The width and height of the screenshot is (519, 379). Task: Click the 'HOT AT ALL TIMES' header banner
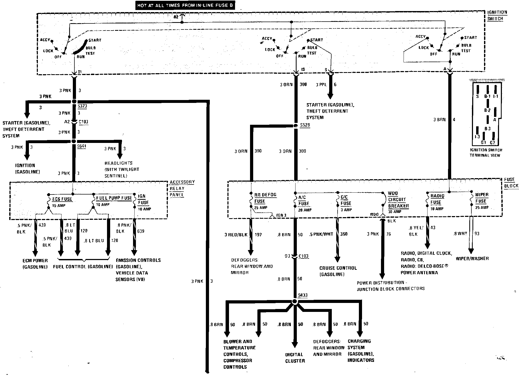coord(185,5)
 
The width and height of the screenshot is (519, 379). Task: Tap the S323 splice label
coord(82,106)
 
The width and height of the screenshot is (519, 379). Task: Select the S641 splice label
coord(82,146)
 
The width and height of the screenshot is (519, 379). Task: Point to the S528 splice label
coord(305,125)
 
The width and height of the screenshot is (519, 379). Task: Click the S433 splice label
coord(303,295)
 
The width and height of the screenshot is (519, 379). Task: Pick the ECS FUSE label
coord(62,199)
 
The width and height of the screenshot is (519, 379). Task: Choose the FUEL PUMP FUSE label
coord(114,198)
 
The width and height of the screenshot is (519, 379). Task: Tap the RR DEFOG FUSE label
coord(265,198)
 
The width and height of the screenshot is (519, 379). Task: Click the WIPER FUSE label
coord(482,198)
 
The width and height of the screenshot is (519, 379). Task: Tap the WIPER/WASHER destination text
coord(472,258)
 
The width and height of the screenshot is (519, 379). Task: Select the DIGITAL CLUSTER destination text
coord(295,358)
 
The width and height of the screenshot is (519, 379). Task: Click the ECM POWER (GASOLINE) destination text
coord(35,264)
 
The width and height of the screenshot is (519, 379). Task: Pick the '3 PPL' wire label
coord(321,85)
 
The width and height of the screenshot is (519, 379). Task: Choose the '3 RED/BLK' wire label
coord(236,235)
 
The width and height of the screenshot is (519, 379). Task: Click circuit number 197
coord(258,235)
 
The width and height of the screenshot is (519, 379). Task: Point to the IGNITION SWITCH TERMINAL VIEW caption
coord(486,153)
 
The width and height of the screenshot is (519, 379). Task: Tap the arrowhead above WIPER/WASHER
coord(471,251)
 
